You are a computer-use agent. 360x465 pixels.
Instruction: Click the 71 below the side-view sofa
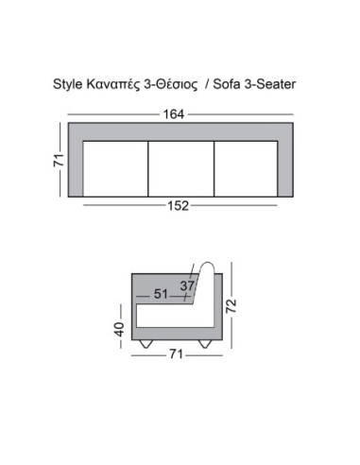click(176, 354)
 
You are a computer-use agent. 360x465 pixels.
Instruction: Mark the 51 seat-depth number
click(161, 294)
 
